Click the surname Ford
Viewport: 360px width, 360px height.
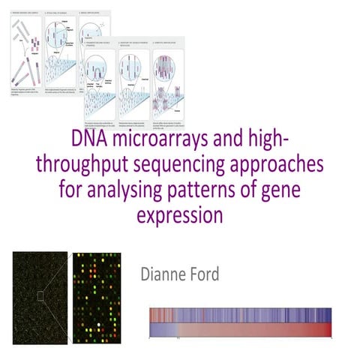pos(203,274)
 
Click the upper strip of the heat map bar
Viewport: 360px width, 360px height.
pos(240,315)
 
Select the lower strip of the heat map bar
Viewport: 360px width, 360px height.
pos(240,330)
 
